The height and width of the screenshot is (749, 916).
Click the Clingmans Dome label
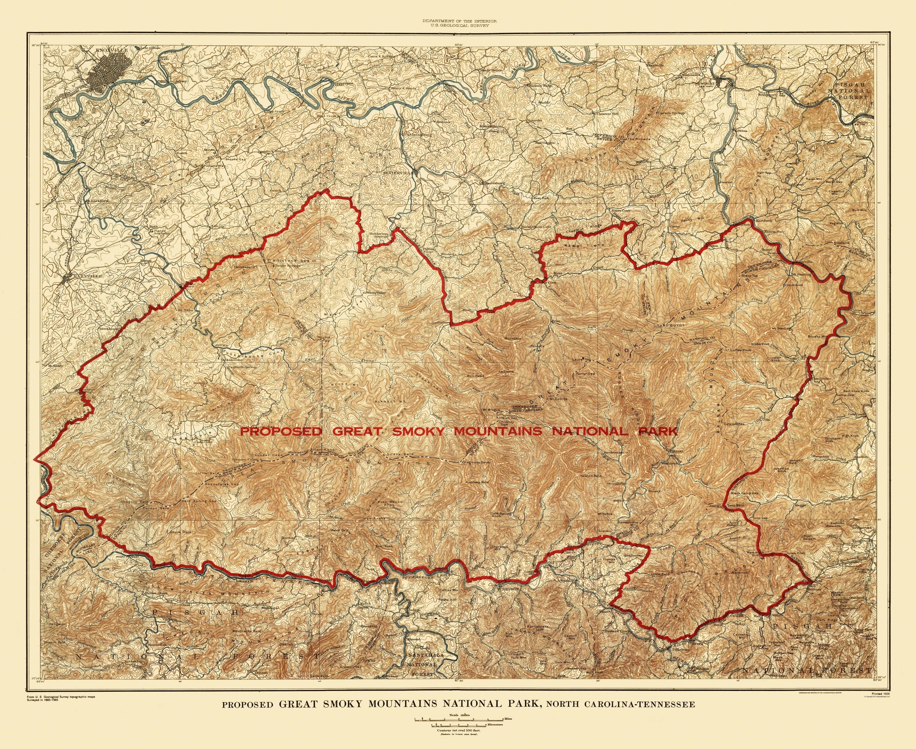coord(477,462)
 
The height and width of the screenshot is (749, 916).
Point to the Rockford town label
coord(99,201)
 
